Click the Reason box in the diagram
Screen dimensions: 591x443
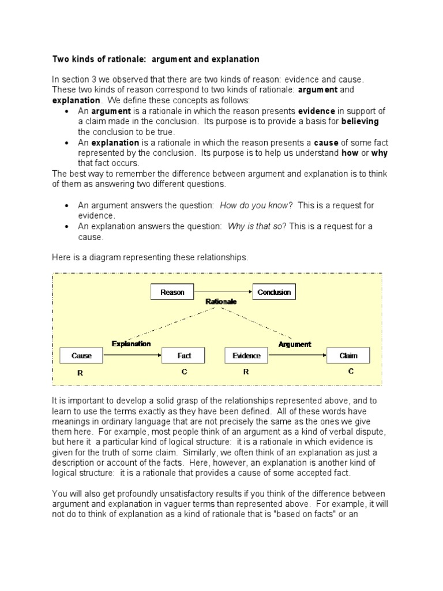tap(172, 292)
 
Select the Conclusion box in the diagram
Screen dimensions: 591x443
tap(274, 292)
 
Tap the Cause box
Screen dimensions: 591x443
tap(81, 356)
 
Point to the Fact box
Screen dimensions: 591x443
tap(184, 356)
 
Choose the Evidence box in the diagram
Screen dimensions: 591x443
tap(246, 356)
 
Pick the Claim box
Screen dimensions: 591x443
tap(348, 356)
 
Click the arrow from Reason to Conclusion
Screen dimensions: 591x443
tap(223, 292)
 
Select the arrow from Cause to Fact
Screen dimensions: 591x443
tap(132, 356)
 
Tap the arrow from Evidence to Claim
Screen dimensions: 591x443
tap(297, 356)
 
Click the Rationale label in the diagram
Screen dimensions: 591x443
tap(221, 302)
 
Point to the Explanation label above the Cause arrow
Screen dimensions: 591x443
tap(132, 344)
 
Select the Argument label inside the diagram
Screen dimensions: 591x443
tap(295, 344)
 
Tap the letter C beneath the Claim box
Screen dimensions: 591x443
tap(350, 372)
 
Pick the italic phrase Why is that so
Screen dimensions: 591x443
tap(254, 227)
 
